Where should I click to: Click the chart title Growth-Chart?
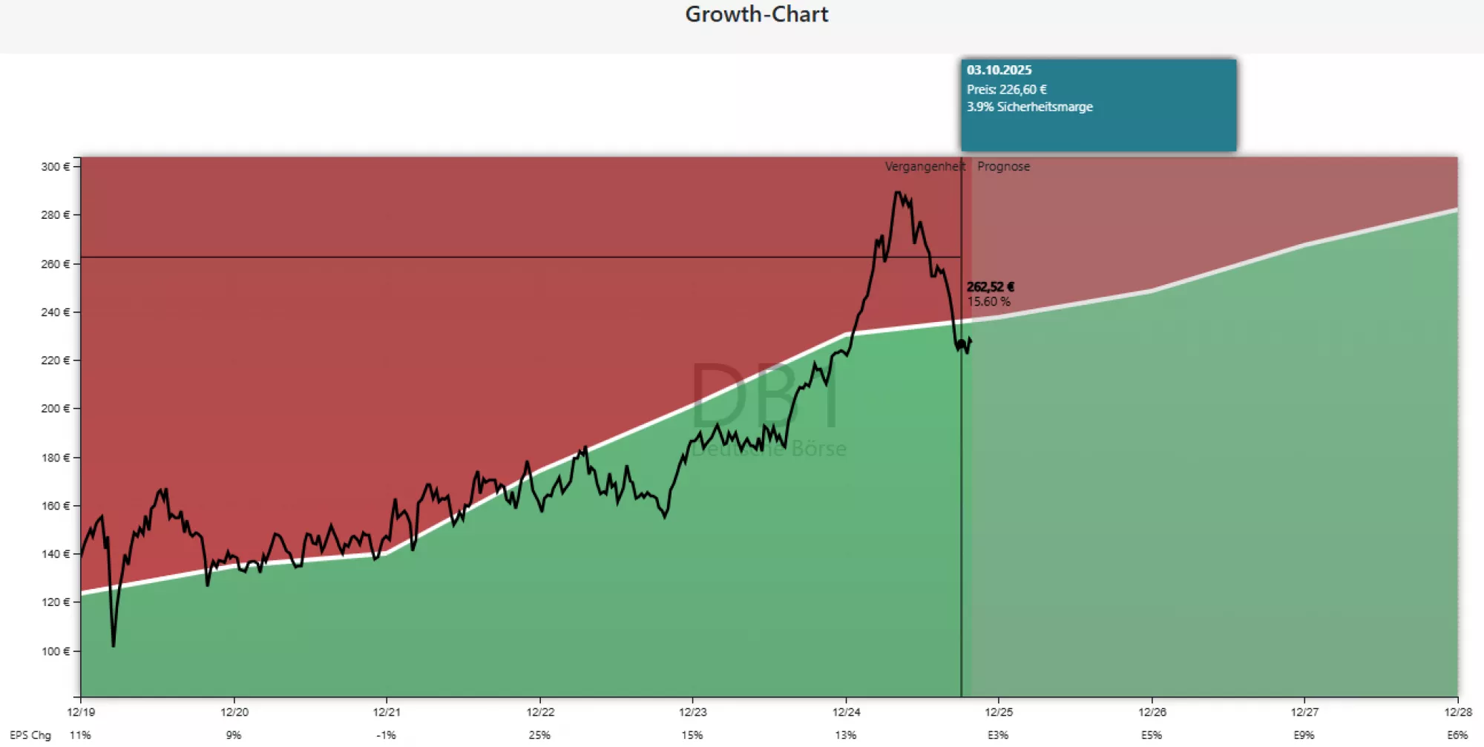(x=756, y=15)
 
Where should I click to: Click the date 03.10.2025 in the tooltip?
(x=999, y=70)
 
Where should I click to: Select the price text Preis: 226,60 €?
(x=1006, y=90)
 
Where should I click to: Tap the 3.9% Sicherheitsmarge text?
(x=1029, y=107)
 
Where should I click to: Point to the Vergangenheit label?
(x=924, y=167)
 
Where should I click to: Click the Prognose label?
(x=1003, y=167)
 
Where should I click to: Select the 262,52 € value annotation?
(x=990, y=287)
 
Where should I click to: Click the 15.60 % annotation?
(x=988, y=302)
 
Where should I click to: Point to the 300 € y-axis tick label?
(x=55, y=167)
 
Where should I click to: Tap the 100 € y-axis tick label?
(x=55, y=651)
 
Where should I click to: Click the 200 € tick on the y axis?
(x=55, y=409)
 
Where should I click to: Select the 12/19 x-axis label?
(x=81, y=712)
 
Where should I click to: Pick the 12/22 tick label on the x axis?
(x=540, y=712)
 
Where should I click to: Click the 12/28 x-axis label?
(x=1457, y=712)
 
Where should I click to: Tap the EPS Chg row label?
(x=30, y=735)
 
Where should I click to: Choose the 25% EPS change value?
(x=539, y=735)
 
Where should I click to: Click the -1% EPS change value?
(x=386, y=735)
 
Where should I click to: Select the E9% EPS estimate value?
(x=1304, y=735)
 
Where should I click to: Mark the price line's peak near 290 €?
(x=898, y=193)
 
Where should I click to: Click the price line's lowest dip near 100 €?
(x=114, y=645)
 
